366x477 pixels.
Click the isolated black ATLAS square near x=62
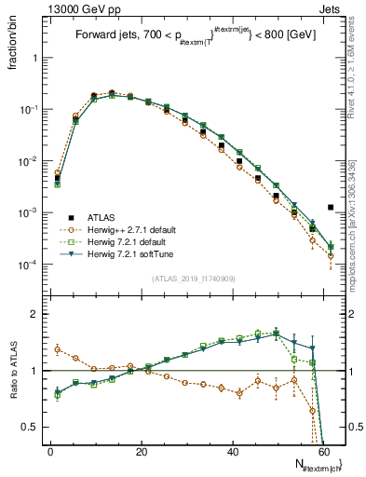tap(331, 208)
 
